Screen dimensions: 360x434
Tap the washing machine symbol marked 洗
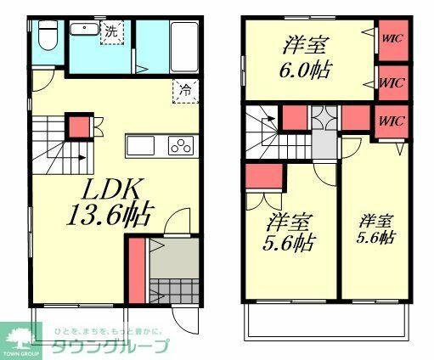point(112,31)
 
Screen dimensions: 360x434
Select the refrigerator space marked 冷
point(184,89)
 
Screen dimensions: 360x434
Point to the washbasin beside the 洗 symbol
point(84,31)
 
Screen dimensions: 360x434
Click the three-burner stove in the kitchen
point(181,146)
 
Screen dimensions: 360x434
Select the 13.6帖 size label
point(108,216)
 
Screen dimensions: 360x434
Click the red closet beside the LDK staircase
point(79,127)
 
